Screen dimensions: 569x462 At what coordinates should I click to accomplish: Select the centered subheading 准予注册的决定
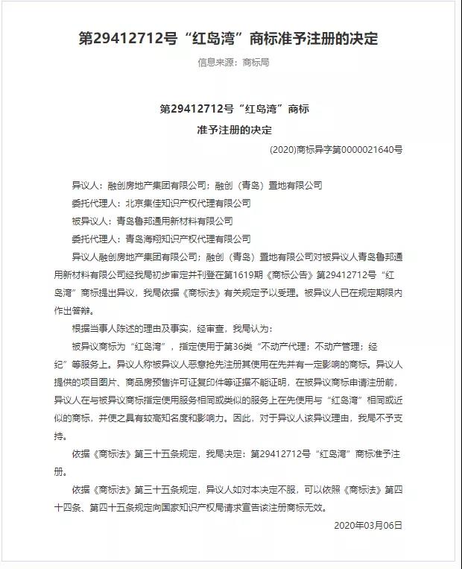(235, 129)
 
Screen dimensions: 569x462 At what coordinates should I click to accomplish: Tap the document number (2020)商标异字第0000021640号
(336, 149)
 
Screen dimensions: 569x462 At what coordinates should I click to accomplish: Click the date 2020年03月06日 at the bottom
(369, 525)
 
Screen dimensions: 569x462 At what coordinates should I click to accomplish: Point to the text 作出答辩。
(75, 311)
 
